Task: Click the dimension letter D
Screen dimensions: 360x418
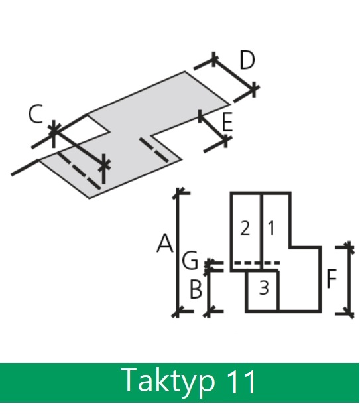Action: click(247, 60)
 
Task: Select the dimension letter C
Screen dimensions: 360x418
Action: click(35, 114)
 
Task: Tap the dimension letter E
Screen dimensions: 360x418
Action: click(227, 122)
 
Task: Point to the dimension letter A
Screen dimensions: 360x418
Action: click(165, 243)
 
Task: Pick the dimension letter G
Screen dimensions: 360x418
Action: click(190, 260)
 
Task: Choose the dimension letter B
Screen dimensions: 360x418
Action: click(196, 289)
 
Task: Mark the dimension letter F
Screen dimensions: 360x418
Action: click(331, 279)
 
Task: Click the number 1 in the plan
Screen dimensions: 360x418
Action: click(271, 228)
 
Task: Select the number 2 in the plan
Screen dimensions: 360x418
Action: click(245, 228)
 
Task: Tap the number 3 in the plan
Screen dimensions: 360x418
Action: click(264, 288)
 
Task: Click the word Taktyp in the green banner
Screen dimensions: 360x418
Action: click(168, 382)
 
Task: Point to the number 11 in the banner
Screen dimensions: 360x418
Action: click(241, 382)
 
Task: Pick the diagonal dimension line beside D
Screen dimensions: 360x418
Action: click(234, 74)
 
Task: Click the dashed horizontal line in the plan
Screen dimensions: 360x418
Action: click(257, 263)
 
